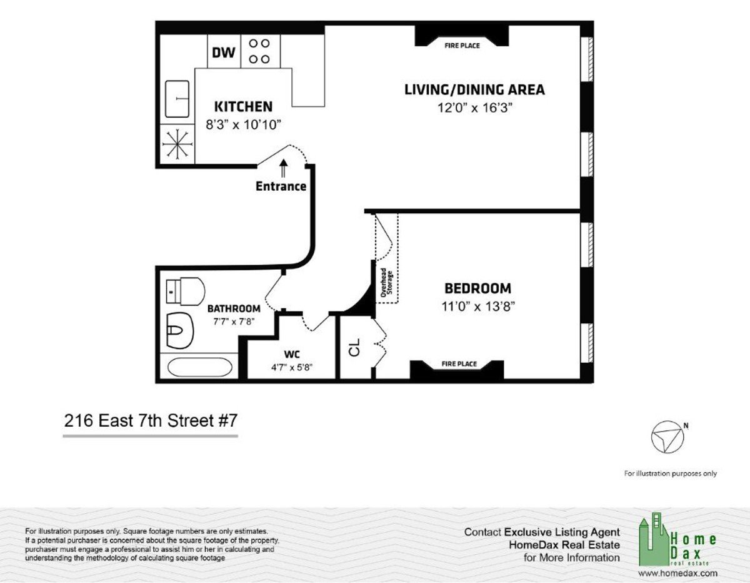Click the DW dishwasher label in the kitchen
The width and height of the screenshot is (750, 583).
pyautogui.click(x=223, y=53)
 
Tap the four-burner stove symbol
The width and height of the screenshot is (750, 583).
pyautogui.click(x=259, y=51)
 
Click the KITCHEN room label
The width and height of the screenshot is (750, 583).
pyautogui.click(x=243, y=106)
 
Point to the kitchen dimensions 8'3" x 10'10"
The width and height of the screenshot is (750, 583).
pyautogui.click(x=244, y=124)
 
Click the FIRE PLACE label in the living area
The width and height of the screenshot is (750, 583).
pyautogui.click(x=462, y=46)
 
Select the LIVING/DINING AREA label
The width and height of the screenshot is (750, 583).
pyautogui.click(x=474, y=89)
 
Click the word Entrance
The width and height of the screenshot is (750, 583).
pyautogui.click(x=281, y=186)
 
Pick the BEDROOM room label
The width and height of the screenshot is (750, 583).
pyautogui.click(x=477, y=288)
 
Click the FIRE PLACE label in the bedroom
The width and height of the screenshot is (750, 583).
pyautogui.click(x=459, y=364)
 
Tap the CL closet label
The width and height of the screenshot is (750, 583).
pyautogui.click(x=354, y=348)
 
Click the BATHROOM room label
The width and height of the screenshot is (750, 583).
pyautogui.click(x=234, y=308)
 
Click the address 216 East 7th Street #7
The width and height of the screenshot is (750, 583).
pyautogui.click(x=151, y=421)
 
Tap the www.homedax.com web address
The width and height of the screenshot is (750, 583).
pyautogui.click(x=677, y=573)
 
